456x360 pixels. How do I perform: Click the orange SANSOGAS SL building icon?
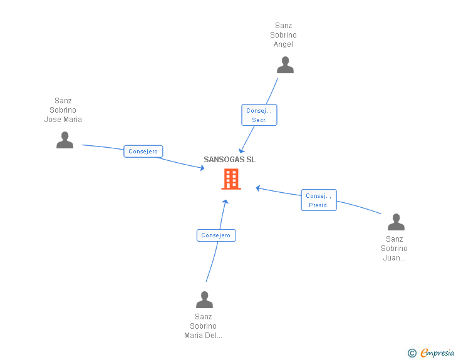click(231, 179)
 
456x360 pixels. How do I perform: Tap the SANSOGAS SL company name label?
click(229, 160)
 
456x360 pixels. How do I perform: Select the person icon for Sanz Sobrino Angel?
click(285, 65)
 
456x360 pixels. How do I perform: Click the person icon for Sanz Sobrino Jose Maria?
click(65, 140)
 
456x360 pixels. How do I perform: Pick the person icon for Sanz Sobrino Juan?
click(396, 222)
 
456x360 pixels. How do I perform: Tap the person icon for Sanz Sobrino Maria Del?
click(204, 300)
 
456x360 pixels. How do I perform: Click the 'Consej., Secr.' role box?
click(259, 115)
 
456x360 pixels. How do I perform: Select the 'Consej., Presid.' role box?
click(318, 200)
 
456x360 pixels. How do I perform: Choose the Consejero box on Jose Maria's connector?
click(143, 152)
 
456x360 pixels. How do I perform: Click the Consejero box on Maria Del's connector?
click(216, 235)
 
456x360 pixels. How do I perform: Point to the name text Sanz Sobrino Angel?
click(284, 35)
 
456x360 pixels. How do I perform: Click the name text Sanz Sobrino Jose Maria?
click(63, 110)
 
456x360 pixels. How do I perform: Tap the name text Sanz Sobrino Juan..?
click(395, 248)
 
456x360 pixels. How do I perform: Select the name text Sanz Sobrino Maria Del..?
click(203, 326)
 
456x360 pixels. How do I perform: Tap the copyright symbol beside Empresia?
click(412, 353)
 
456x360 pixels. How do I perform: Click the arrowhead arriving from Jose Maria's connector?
click(202, 167)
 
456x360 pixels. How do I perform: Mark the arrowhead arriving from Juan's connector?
click(258, 187)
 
